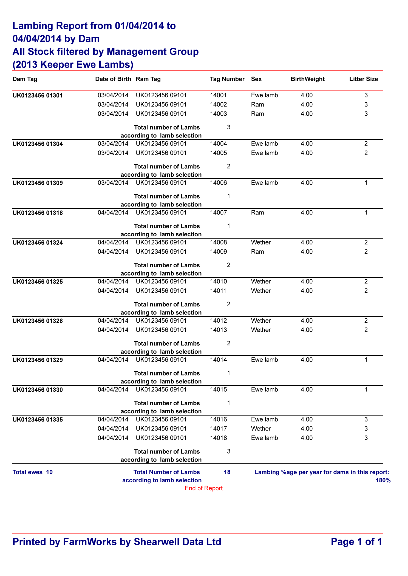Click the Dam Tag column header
tap(25, 79)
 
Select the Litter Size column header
tap(363, 79)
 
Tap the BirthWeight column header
tap(307, 79)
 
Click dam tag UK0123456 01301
tap(38, 96)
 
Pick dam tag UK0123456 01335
tap(38, 420)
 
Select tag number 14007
tap(218, 213)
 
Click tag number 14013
tap(218, 330)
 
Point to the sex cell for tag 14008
tap(261, 242)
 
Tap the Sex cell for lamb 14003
tap(257, 114)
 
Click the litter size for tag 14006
tap(366, 183)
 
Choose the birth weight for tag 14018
tap(307, 438)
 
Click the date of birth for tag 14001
tap(113, 95)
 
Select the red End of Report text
tap(203, 488)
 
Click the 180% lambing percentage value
tap(383, 480)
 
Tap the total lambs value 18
tap(227, 472)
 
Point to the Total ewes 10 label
tap(33, 472)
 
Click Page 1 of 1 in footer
tap(356, 542)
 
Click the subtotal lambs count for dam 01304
tap(229, 166)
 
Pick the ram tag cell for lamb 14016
tap(161, 419)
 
